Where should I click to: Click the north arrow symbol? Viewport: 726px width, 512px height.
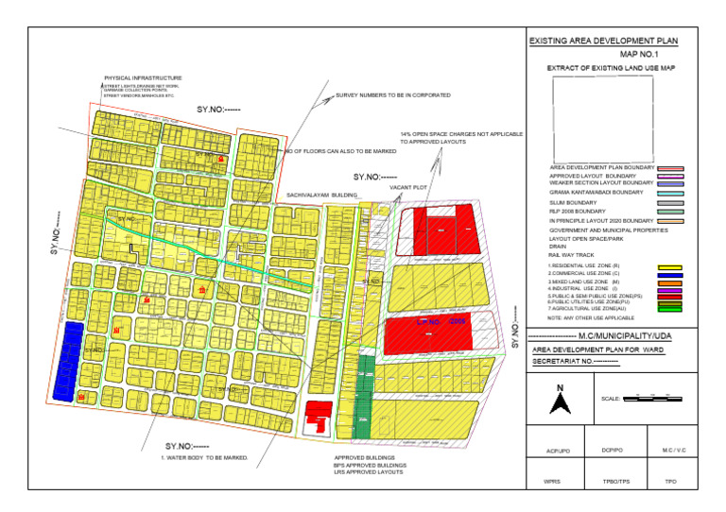560,401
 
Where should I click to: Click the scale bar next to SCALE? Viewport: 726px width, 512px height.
652,399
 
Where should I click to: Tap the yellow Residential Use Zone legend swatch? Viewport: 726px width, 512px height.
669,267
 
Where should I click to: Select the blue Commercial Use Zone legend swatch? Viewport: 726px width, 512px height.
669,274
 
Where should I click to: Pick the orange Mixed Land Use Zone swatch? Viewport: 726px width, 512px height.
669,282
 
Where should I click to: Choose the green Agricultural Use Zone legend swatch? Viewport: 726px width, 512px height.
669,308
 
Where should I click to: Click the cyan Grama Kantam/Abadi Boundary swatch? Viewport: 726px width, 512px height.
669,192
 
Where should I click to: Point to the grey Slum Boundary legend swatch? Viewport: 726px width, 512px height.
669,202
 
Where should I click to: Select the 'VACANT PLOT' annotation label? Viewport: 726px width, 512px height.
407,188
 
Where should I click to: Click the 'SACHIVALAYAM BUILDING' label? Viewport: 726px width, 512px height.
322,195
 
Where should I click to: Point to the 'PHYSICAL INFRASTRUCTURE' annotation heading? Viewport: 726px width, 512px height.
143,77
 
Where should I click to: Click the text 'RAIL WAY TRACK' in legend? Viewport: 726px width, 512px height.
571,255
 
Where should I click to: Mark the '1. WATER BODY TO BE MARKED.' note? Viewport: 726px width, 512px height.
203,457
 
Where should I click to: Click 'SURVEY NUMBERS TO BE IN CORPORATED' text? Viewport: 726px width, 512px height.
392,95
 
